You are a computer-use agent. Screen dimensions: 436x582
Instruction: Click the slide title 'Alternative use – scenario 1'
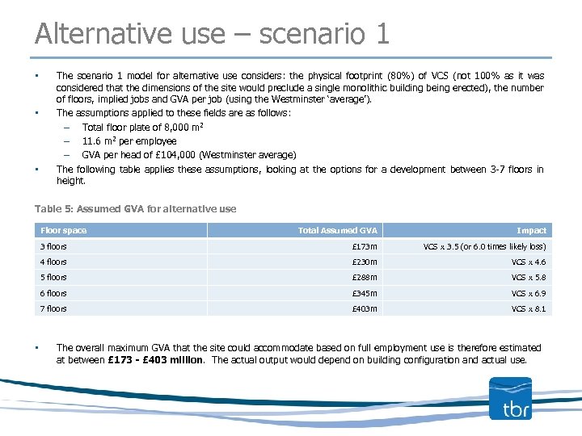pos(212,34)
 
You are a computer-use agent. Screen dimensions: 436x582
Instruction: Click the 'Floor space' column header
pos(64,231)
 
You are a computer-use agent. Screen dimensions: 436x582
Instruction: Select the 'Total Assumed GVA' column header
pos(337,231)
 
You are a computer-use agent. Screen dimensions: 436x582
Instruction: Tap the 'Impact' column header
pos(531,231)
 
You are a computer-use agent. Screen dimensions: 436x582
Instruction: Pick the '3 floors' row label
pos(54,246)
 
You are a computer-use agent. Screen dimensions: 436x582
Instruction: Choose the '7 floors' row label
pos(54,308)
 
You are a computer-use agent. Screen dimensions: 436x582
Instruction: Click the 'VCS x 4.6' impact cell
pos(529,262)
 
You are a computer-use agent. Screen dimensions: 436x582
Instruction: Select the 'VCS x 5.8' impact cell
pos(529,278)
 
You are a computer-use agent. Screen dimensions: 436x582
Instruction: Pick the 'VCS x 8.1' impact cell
pos(529,308)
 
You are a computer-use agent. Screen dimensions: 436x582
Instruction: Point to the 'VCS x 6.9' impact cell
pos(529,293)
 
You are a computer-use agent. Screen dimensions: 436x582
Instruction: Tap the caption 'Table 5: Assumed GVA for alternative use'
pos(136,209)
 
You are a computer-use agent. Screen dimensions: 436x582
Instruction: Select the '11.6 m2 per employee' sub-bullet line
pos(129,141)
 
